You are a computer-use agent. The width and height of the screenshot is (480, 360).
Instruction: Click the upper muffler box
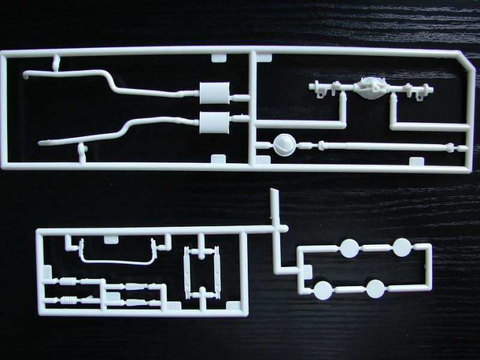click(x=215, y=93)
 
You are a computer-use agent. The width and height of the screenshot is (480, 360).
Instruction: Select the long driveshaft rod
click(x=384, y=146)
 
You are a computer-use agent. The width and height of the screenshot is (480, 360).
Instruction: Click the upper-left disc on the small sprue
click(x=349, y=247)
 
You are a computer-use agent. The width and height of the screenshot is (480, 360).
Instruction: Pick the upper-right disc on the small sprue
click(x=401, y=247)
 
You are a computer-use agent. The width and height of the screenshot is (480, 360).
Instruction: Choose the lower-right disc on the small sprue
click(x=376, y=289)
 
